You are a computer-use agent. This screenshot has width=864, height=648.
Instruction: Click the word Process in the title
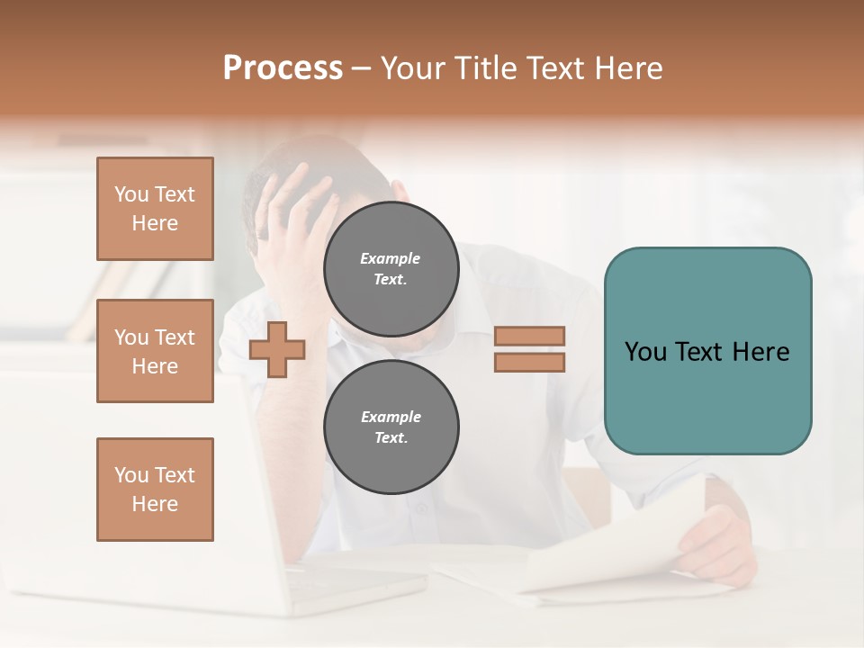click(283, 68)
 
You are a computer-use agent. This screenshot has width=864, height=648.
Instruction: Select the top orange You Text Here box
click(155, 209)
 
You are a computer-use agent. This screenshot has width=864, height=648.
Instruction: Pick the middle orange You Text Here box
click(155, 351)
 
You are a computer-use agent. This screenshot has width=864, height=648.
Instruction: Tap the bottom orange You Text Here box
click(155, 489)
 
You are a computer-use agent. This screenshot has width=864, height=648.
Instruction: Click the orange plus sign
click(277, 349)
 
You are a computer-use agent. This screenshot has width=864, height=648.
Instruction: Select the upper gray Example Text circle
click(391, 268)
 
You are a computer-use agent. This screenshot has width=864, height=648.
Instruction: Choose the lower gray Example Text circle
click(391, 427)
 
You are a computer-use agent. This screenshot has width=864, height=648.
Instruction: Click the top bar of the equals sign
click(529, 336)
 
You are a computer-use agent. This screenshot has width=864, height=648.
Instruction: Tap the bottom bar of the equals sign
click(529, 362)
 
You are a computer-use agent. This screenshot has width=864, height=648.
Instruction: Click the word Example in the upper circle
click(391, 258)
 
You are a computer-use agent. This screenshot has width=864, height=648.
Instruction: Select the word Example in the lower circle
click(391, 417)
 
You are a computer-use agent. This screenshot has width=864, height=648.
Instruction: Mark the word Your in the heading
click(413, 68)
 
